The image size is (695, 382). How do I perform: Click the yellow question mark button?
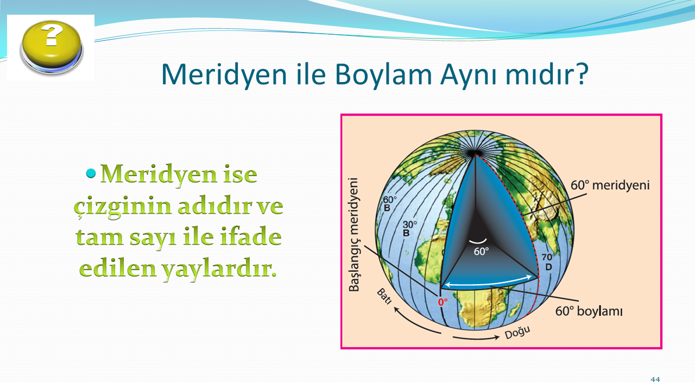coord(52,47)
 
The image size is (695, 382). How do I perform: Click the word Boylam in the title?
coord(383,75)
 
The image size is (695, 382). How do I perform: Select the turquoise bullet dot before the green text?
coord(91,173)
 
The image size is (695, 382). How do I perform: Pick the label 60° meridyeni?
coord(610,185)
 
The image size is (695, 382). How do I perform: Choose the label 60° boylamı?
coord(589,311)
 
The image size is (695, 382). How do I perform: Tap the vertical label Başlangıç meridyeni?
coord(353,235)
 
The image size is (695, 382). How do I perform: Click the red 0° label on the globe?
coord(443,302)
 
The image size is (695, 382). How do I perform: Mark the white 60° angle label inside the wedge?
coord(481,251)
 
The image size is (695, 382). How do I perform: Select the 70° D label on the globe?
coord(548,262)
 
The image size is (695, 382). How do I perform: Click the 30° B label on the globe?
coord(409,229)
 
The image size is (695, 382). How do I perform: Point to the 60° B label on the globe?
coord(389,204)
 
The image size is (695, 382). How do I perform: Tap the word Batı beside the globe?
coord(384,296)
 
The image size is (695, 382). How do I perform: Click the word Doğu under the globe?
coord(517,333)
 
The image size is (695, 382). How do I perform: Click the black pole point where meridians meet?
coord(473,153)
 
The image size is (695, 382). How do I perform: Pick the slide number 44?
coord(655,379)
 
